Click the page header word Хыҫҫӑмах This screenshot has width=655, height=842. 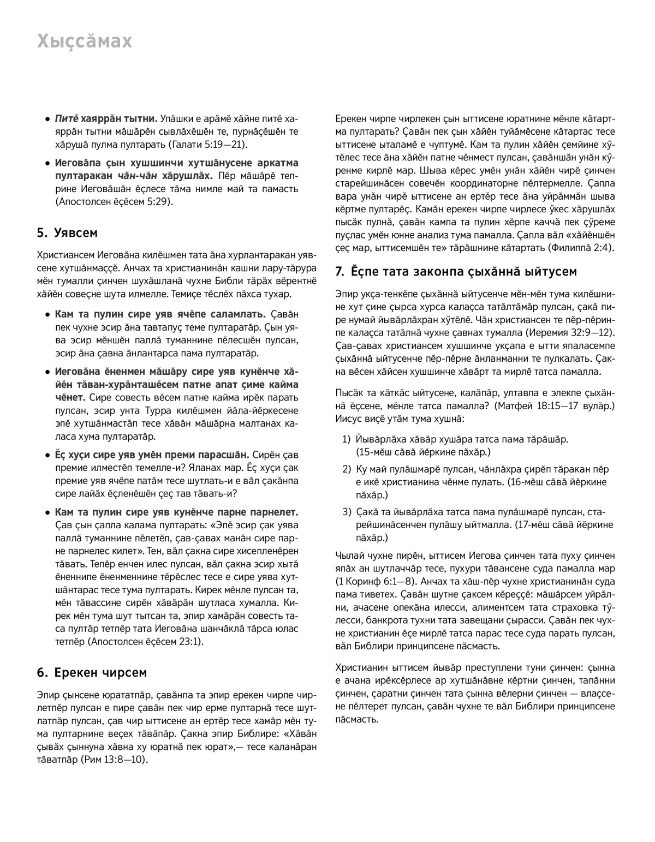coord(85,41)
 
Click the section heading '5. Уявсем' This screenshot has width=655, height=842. coord(67,233)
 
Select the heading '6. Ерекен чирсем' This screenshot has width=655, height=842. coord(92,672)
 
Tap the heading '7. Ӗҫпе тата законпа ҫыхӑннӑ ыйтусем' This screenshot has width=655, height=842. coord(456,271)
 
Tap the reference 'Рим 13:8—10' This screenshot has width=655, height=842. coord(115,759)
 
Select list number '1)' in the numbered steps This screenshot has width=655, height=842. coord(347,439)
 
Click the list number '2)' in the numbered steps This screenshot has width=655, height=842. coord(347,469)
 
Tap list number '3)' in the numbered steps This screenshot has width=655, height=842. coord(347,512)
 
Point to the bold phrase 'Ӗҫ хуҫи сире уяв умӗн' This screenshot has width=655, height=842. coord(111,455)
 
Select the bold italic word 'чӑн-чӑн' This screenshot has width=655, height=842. coord(134,176)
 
